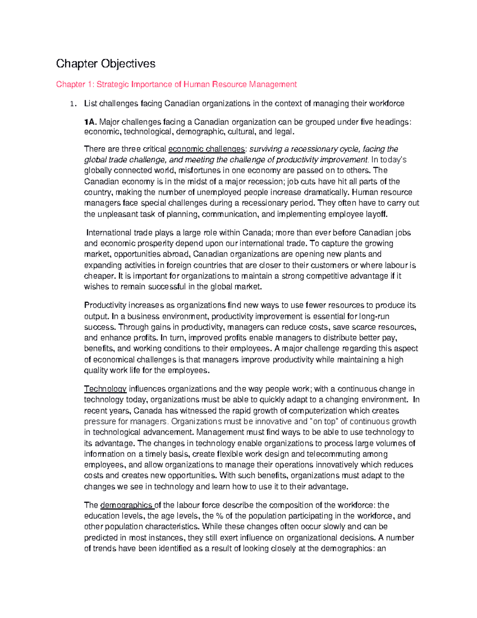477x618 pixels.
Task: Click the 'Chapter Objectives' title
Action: tap(105, 64)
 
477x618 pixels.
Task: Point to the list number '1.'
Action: tap(72, 104)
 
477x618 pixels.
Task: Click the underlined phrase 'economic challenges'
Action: tap(207, 149)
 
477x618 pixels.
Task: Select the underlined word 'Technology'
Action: tap(105, 389)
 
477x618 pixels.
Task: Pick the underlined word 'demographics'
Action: tap(126, 505)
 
